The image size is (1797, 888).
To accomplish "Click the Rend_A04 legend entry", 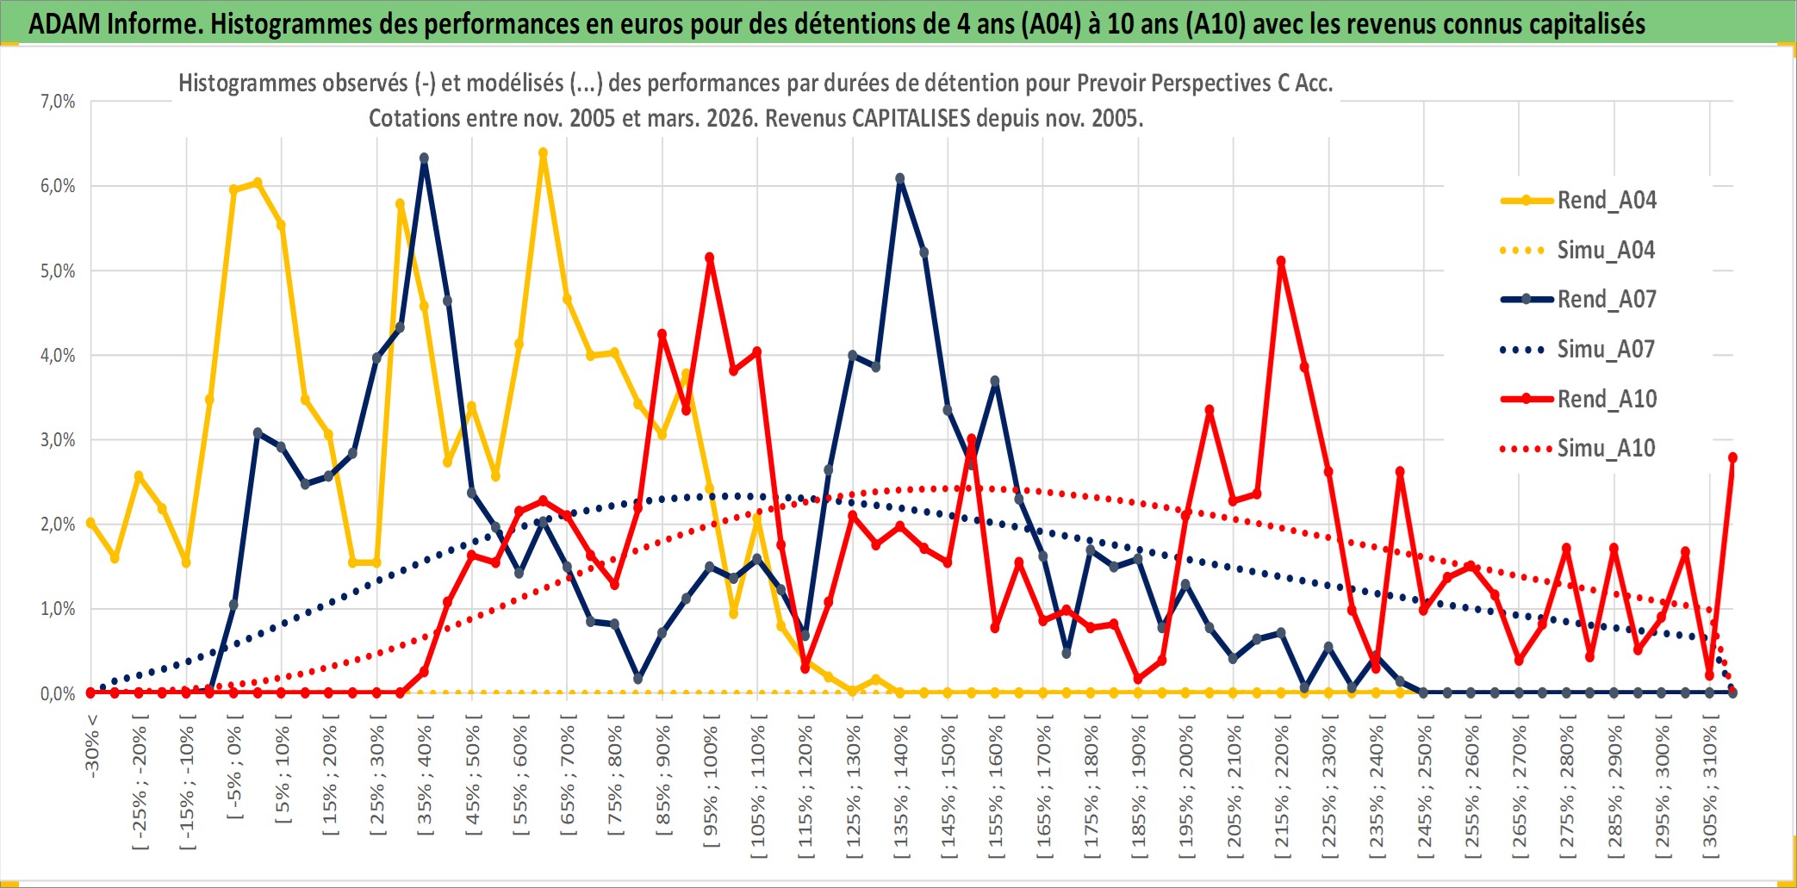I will click(x=1606, y=201).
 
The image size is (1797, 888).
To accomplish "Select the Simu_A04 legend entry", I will click(x=1606, y=251).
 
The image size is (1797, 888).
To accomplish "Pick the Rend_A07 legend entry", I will click(x=1606, y=300).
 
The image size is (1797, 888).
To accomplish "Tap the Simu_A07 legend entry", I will click(x=1606, y=350).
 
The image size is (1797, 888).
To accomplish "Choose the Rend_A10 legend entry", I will click(x=1606, y=399).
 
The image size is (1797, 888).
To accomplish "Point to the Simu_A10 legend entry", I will click(x=1606, y=449).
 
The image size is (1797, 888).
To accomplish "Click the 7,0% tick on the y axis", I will click(x=58, y=102).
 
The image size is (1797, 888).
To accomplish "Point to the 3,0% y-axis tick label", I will click(x=58, y=440).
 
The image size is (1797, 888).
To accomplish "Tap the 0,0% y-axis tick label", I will click(x=58, y=694).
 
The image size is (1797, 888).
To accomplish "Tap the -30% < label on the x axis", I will click(x=91, y=746).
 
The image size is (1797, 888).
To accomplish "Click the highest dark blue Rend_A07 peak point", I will click(x=424, y=158).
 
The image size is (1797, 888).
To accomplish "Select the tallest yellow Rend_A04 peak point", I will click(x=543, y=153).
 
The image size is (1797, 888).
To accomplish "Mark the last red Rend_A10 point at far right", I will click(x=1732, y=458).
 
